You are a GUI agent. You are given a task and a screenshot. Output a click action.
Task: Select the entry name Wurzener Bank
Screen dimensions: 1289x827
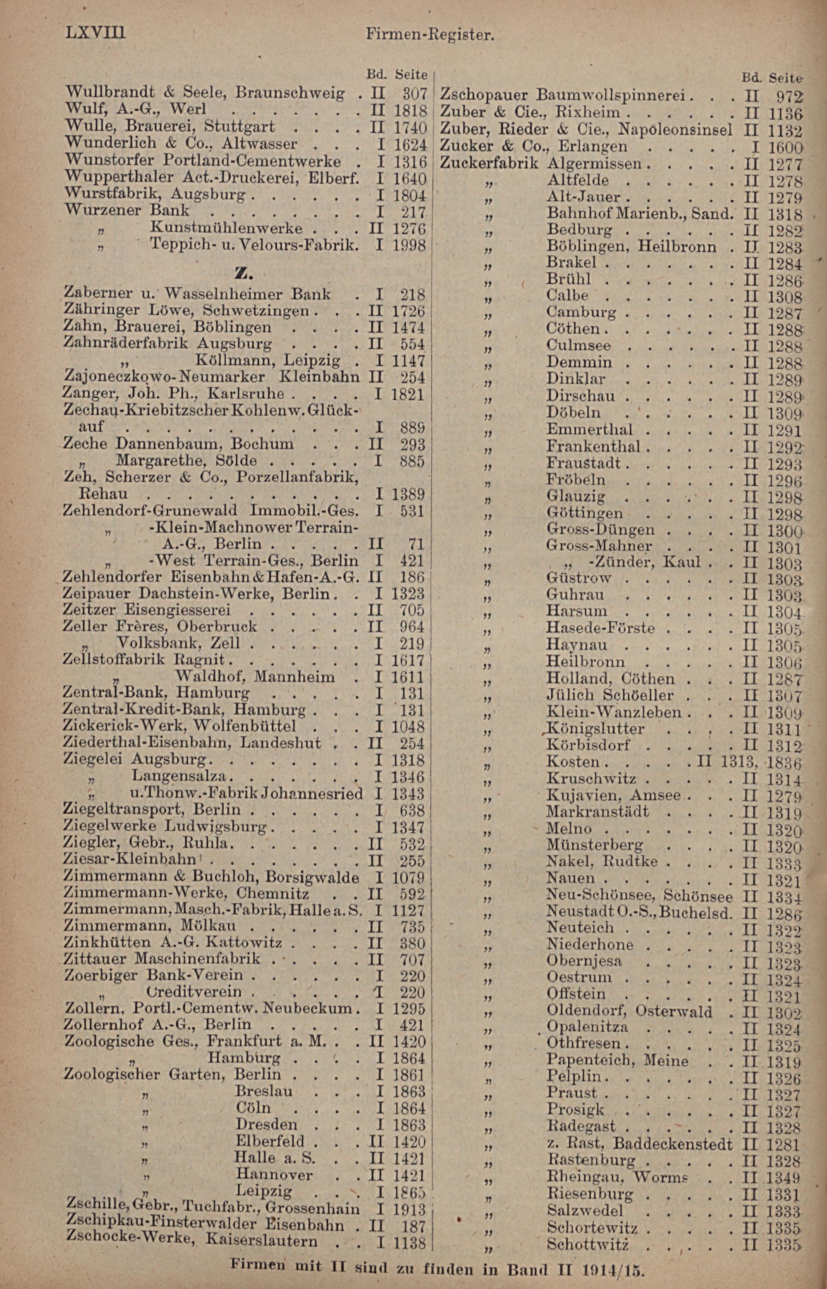(126, 210)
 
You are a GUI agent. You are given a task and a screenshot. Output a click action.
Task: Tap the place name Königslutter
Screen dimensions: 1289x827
(595, 729)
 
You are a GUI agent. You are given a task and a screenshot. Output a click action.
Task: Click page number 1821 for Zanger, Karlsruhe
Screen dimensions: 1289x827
(408, 394)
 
